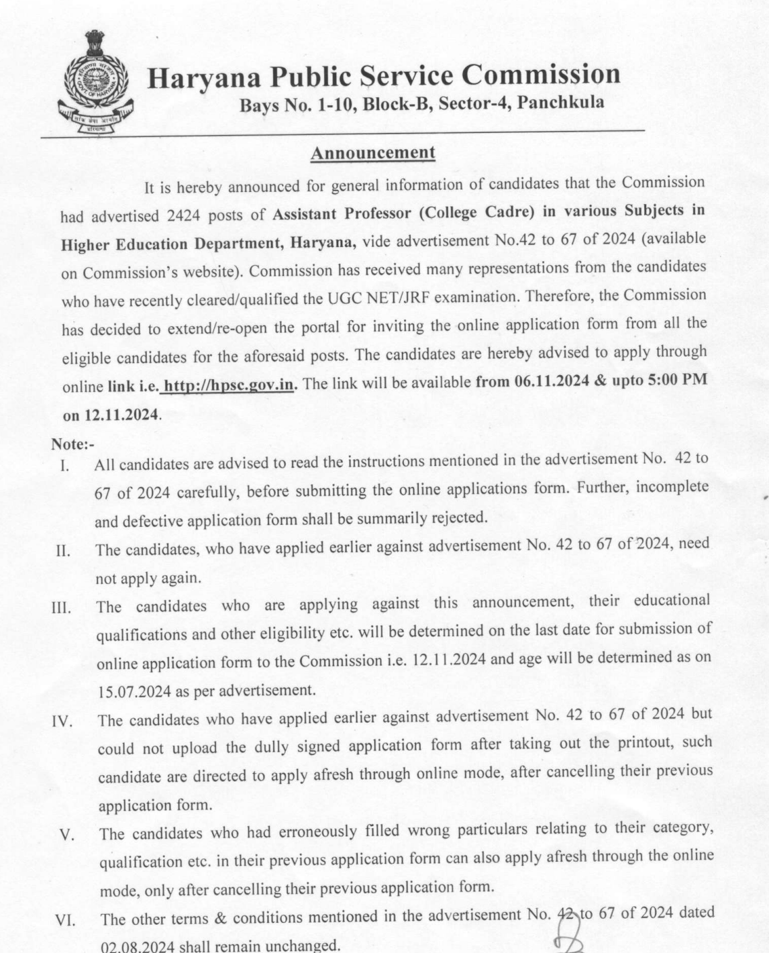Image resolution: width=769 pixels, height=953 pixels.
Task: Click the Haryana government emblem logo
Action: (x=95, y=84)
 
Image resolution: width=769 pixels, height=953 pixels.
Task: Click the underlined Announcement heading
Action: (x=372, y=153)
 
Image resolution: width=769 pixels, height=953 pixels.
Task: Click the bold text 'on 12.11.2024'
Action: (x=111, y=415)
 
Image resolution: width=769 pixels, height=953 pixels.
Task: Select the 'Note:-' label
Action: (x=72, y=444)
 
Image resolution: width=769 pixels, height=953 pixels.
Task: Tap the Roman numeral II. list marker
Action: (x=63, y=552)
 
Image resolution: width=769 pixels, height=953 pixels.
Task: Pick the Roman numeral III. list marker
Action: (x=62, y=609)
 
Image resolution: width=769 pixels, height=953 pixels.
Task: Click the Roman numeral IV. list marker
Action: (x=62, y=722)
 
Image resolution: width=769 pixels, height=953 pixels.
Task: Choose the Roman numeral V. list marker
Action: (x=66, y=836)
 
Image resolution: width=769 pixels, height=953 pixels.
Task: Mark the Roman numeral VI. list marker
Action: (x=64, y=920)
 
